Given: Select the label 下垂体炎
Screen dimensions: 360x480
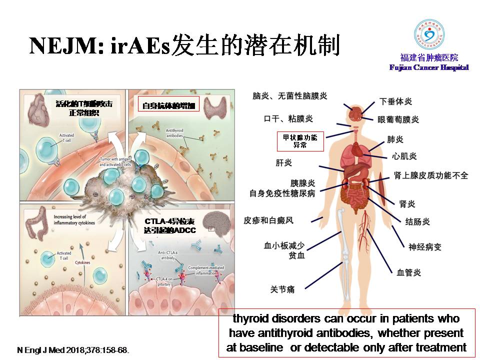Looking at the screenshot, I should click(396, 101).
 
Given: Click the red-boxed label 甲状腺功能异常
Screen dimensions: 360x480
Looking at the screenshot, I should click(300, 141).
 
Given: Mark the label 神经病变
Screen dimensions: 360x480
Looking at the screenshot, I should click(425, 246).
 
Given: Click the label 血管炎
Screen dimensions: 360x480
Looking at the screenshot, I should click(408, 272).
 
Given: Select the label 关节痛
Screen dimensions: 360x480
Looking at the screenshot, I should click(282, 289).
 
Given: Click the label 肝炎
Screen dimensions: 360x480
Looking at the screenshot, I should click(283, 162).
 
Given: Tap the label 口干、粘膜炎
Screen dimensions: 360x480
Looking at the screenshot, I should click(288, 118).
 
